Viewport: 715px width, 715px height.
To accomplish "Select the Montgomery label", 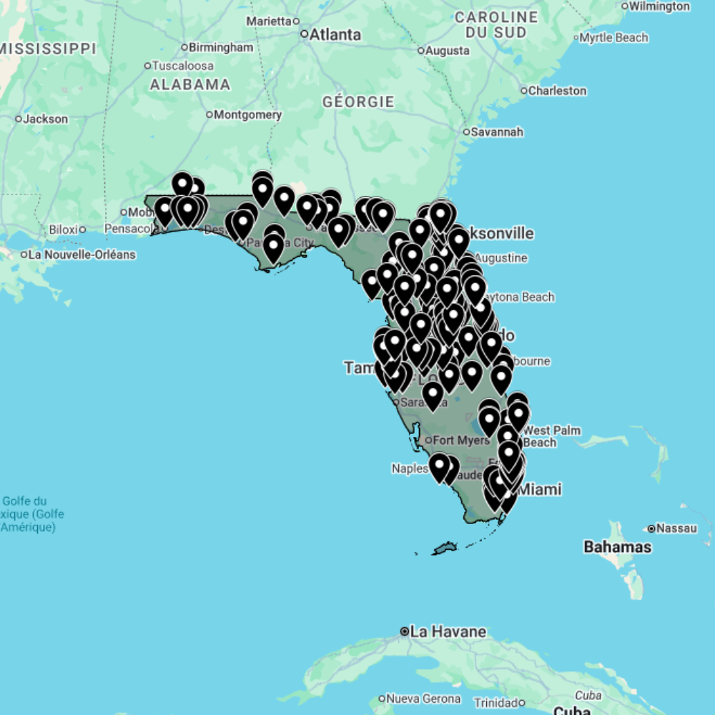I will pos(248,114).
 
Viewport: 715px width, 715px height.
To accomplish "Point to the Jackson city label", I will pos(45,119).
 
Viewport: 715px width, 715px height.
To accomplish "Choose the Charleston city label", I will pos(557,91).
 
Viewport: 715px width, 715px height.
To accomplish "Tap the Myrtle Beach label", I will pos(613,37).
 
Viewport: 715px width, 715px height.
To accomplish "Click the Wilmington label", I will pos(659,6).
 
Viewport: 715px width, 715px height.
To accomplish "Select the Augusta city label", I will pos(447,51).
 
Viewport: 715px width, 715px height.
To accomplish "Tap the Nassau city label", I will pos(676,528).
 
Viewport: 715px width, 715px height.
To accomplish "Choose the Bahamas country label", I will pos(618,547).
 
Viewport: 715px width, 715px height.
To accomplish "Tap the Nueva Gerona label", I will pos(421,698).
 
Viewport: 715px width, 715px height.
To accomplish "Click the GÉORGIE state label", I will pos(358,102).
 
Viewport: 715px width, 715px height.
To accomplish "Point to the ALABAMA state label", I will pos(189,84).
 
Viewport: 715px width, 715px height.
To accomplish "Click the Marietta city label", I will pos(269,21).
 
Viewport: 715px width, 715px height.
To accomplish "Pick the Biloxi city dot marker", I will pos(83,230).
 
